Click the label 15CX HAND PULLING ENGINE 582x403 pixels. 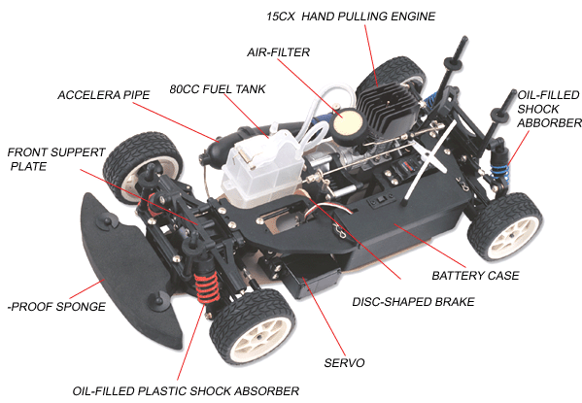(x=351, y=17)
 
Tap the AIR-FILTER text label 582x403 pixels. (x=279, y=51)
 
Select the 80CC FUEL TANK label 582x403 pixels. (x=218, y=89)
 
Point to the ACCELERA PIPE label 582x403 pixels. (x=104, y=95)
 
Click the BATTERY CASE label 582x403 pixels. (x=475, y=276)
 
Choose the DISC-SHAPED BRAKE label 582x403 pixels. (x=413, y=302)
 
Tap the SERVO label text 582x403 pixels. (x=345, y=362)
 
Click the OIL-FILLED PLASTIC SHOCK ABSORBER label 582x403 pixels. (x=186, y=391)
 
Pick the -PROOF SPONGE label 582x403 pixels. (x=56, y=307)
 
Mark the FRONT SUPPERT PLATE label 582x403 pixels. (x=56, y=159)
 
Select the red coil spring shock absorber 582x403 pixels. (x=206, y=285)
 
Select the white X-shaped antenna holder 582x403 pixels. (x=430, y=160)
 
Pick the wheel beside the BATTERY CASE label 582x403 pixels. (x=506, y=226)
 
